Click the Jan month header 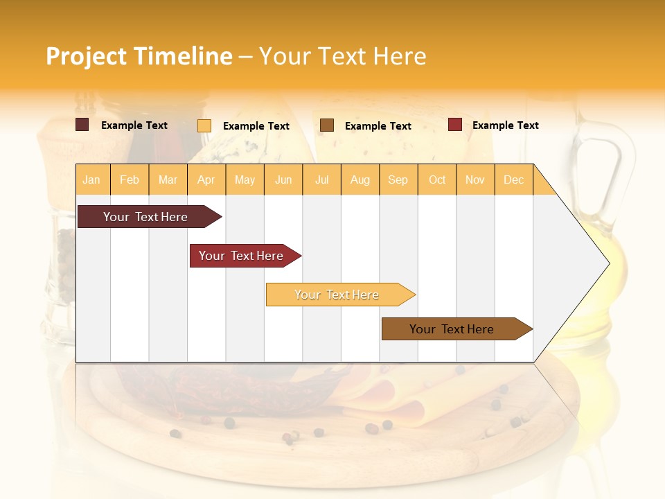click(91, 180)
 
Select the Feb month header click(130, 180)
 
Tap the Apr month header click(206, 180)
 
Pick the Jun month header click(283, 180)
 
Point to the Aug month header click(360, 180)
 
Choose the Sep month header click(398, 180)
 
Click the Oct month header click(437, 180)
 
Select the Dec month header click(513, 180)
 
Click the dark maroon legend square click(82, 125)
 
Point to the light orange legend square click(204, 125)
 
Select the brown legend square click(327, 125)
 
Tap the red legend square click(454, 125)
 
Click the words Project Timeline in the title click(139, 56)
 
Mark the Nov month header click(475, 180)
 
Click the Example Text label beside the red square click(505, 125)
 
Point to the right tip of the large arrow click(608, 263)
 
